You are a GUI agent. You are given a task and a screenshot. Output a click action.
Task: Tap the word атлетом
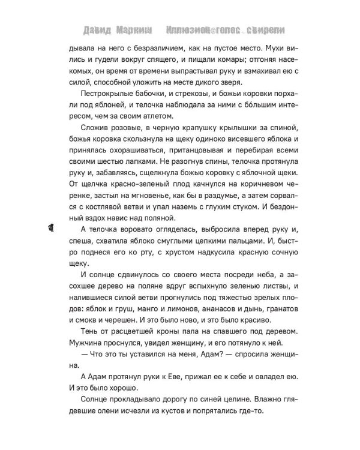[157, 108]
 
